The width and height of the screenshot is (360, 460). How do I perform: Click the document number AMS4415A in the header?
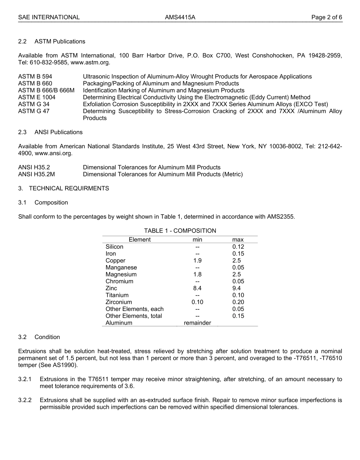click(x=180, y=17)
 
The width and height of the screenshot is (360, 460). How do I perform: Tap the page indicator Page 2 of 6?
click(x=327, y=17)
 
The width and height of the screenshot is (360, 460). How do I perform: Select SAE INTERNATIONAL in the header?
click(x=49, y=17)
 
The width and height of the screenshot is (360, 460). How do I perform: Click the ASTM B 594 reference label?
click(x=35, y=77)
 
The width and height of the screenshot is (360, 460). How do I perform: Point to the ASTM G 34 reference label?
click(x=34, y=104)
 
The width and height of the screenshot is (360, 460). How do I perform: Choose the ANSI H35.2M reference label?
click(x=36, y=174)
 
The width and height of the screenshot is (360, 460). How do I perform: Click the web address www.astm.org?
click(x=90, y=63)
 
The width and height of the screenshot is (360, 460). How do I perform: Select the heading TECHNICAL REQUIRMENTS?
click(x=69, y=188)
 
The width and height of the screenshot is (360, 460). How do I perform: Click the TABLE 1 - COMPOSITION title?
click(x=180, y=231)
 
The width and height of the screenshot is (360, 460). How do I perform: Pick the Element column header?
click(x=139, y=240)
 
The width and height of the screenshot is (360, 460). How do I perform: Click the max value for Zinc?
click(x=236, y=288)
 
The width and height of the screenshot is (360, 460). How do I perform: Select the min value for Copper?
click(x=197, y=261)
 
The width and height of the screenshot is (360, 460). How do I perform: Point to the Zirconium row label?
click(x=119, y=302)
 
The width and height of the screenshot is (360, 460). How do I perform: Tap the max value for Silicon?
click(x=238, y=247)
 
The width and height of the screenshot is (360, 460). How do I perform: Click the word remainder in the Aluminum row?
click(x=197, y=323)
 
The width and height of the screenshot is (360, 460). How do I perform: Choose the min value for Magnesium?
click(x=197, y=275)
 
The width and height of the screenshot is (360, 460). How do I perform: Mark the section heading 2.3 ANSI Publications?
click(x=50, y=132)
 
